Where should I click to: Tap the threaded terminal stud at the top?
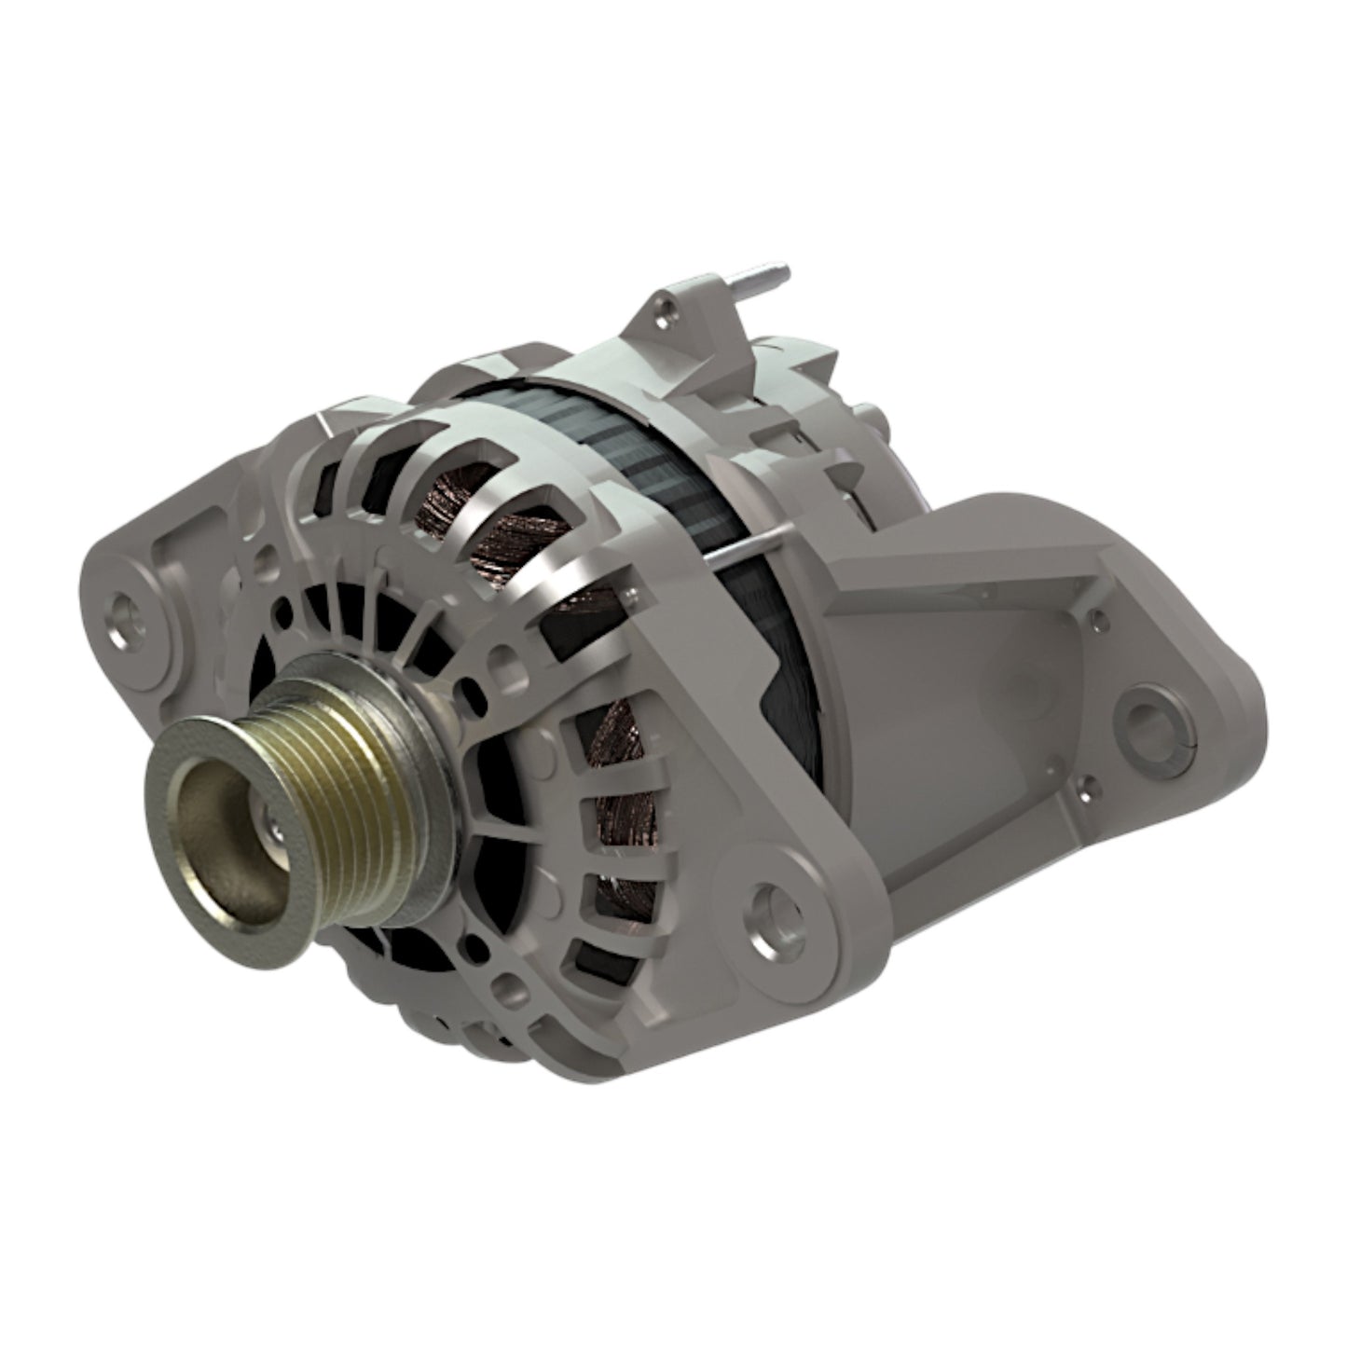pos(770,278)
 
